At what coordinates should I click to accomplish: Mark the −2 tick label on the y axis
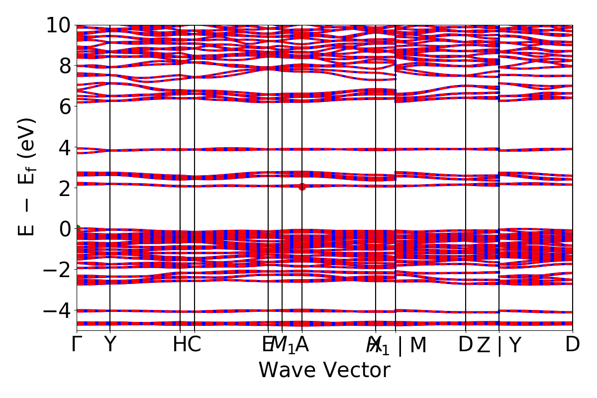coord(54,270)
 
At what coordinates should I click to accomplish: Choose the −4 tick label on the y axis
coord(54,310)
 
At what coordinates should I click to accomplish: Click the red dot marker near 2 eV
coord(302,187)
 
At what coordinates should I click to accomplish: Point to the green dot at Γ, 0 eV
coord(77,229)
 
